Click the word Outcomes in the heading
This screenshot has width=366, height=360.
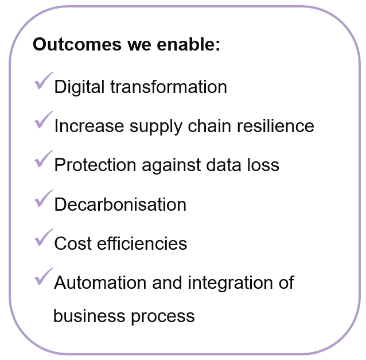77,44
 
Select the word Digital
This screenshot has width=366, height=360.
79,87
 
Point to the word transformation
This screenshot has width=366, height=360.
169,87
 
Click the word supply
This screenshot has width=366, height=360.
156,127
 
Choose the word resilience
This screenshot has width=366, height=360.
276,126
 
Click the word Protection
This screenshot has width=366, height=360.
95,165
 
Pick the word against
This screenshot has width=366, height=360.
171,165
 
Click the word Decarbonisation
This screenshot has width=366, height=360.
120,204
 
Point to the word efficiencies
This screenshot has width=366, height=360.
142,243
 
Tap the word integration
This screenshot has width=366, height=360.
230,283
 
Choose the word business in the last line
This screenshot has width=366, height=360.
89,316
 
